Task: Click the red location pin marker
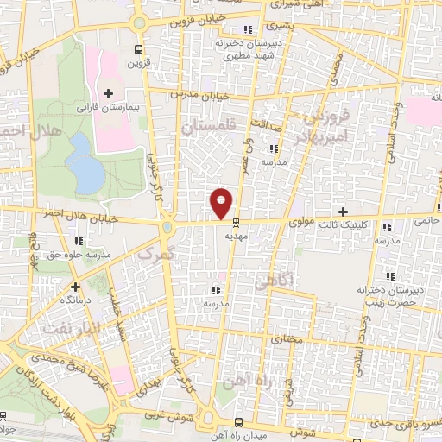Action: [x=221, y=202]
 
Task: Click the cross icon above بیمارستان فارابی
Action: [x=108, y=93]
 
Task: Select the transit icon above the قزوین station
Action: [x=138, y=49]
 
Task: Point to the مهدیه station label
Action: [x=237, y=235]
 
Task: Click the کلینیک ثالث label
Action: [x=346, y=224]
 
